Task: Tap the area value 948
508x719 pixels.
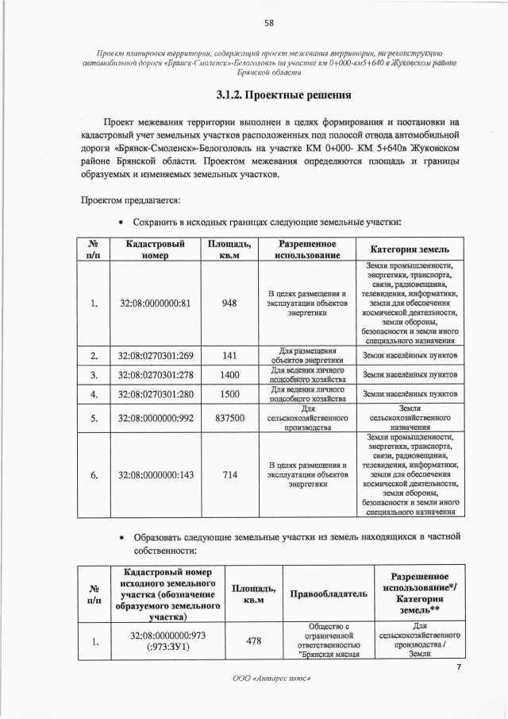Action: (229, 303)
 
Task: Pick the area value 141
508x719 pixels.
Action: (229, 355)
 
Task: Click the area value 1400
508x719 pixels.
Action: (229, 374)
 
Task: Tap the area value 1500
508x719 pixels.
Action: (229, 393)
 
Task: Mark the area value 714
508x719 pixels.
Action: (229, 475)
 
